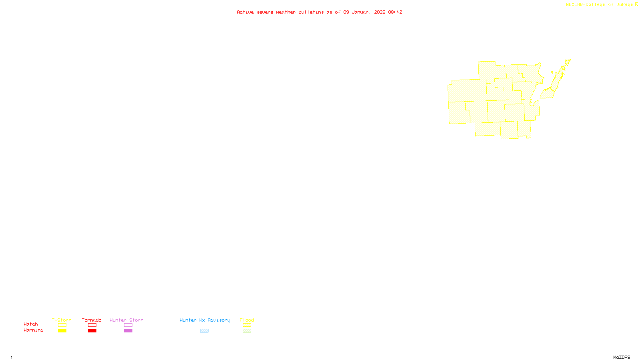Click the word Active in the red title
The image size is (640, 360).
(245, 12)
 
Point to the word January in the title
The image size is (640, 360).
(361, 12)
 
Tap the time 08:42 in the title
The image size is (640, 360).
(395, 12)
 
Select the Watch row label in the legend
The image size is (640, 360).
(31, 324)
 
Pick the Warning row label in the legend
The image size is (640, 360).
(34, 330)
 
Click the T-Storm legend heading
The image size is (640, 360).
(62, 320)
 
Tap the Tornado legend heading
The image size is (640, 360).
(92, 320)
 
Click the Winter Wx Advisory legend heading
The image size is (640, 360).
(205, 320)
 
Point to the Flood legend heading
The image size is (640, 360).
(247, 320)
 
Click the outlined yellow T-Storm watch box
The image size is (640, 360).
(62, 325)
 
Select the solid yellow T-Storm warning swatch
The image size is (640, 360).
(62, 331)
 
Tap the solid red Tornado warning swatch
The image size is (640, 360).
(92, 331)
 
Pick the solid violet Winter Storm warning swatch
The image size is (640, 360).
(128, 331)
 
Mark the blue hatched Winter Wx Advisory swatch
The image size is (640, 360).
(204, 331)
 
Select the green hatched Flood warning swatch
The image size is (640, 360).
(247, 331)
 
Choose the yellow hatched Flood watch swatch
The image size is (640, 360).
(247, 325)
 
